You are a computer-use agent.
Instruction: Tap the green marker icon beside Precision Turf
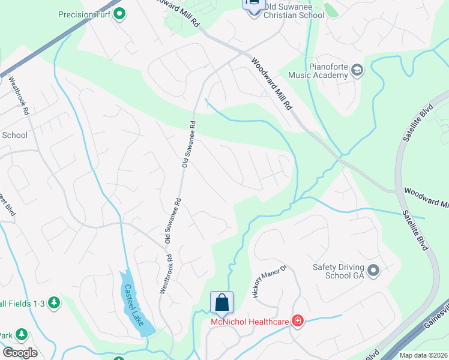click(x=119, y=13)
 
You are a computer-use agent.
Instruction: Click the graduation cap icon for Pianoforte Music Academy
click(x=358, y=70)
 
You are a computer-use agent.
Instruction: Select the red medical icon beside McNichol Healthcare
click(x=297, y=322)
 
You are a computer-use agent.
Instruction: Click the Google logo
click(x=20, y=352)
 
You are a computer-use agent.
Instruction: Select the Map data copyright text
click(x=423, y=355)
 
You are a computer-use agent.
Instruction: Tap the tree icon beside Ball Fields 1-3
click(x=54, y=302)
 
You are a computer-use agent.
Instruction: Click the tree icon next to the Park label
click(x=22, y=334)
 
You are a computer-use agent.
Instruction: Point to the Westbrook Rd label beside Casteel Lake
click(x=166, y=274)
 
